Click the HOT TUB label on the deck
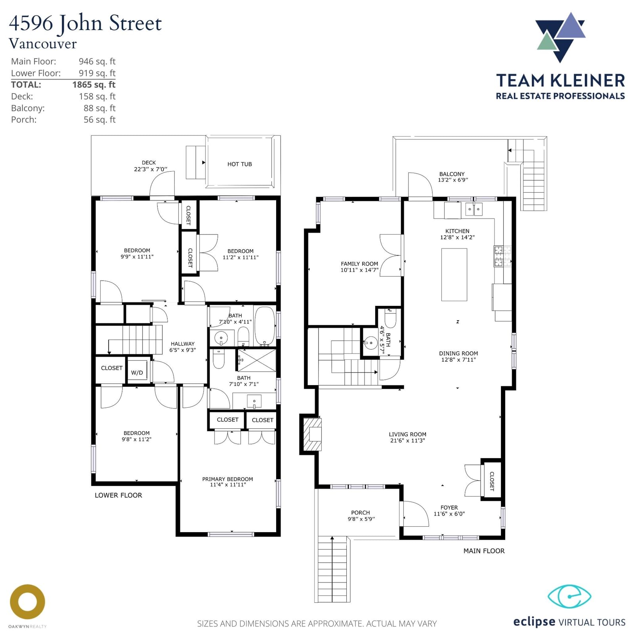click(239, 164)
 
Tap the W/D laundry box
click(137, 372)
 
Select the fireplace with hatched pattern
click(312, 434)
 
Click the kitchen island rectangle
click(454, 275)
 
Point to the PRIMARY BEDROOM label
click(227, 479)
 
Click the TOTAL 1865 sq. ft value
click(94, 84)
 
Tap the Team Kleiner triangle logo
click(560, 37)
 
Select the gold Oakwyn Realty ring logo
click(27, 602)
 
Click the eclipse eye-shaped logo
click(569, 596)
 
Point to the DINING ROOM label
click(458, 353)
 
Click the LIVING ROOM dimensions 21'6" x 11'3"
click(407, 440)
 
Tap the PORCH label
click(361, 512)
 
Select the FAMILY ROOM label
click(359, 264)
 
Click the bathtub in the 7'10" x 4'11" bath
click(265, 326)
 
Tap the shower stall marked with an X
click(256, 360)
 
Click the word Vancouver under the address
click(43, 44)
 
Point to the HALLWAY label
click(183, 344)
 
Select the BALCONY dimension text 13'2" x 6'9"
click(453, 180)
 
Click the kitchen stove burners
click(498, 256)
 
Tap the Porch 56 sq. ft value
click(99, 120)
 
